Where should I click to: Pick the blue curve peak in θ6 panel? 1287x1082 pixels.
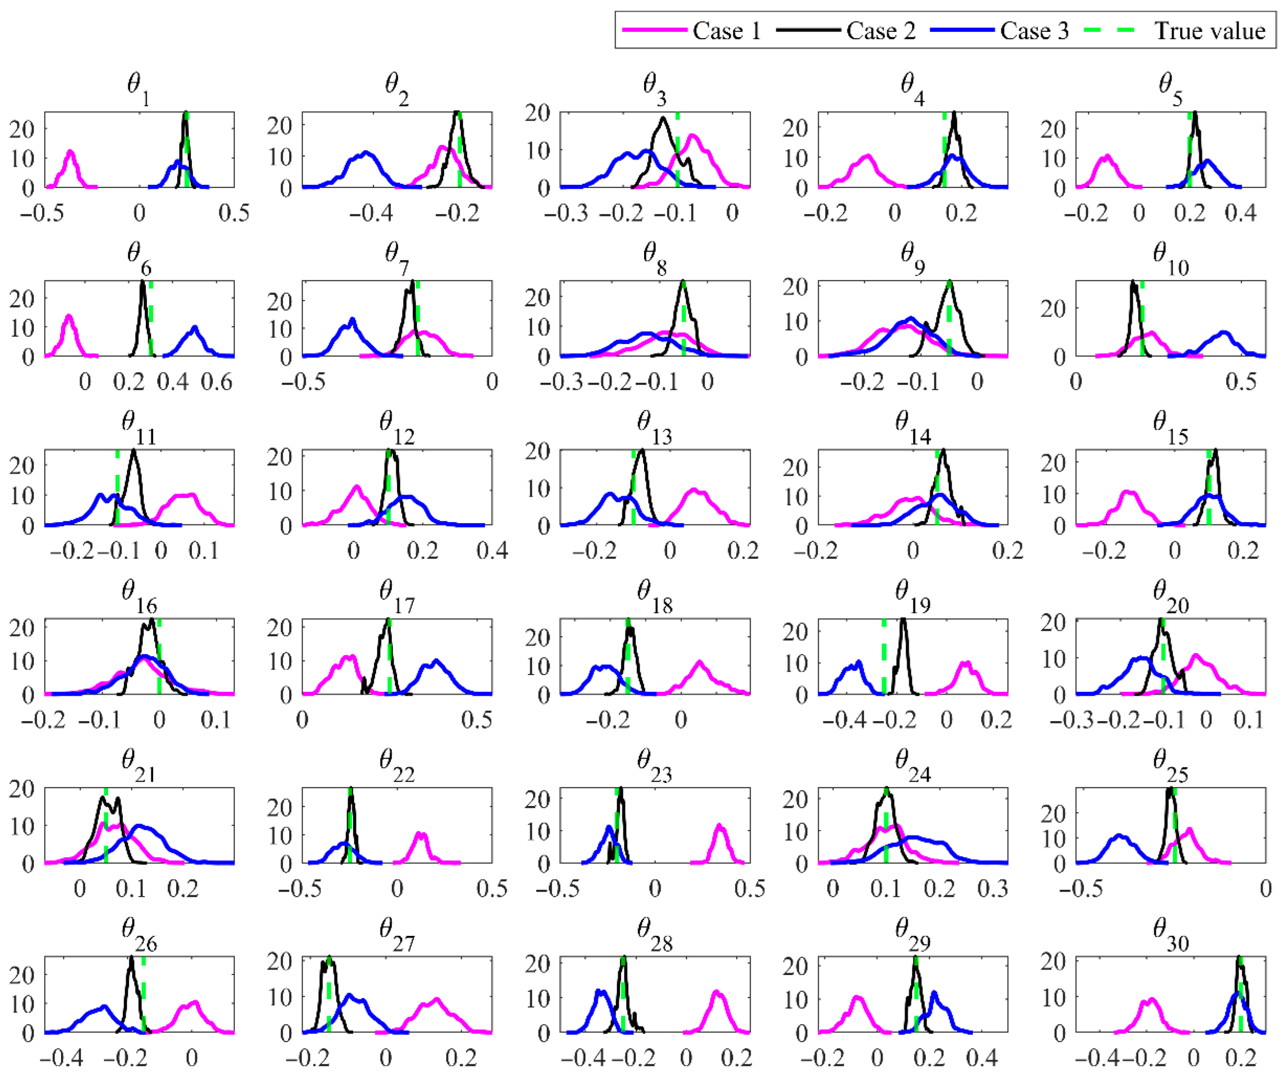(195, 328)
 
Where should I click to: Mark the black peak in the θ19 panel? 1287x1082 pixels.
(903, 619)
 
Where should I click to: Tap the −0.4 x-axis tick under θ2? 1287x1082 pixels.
(371, 214)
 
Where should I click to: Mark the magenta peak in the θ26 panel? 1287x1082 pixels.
(195, 1002)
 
